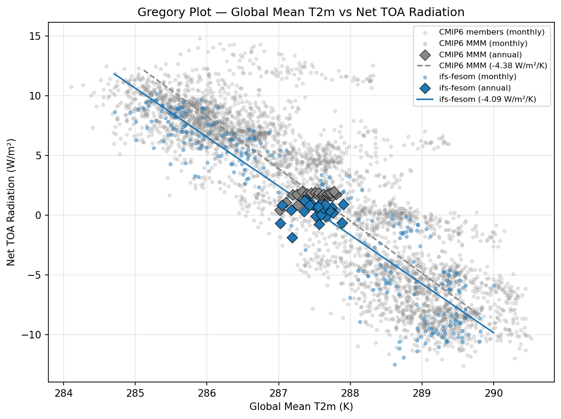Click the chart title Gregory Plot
301,12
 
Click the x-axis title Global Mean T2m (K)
301,406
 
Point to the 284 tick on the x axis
64,393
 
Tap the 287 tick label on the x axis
278,393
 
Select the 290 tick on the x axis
494,393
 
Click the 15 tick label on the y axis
37,36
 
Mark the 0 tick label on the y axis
40,215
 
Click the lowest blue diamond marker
292,237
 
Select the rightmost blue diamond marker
343,204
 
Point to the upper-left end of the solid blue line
114,73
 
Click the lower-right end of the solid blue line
494,333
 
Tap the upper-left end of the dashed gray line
144,70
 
